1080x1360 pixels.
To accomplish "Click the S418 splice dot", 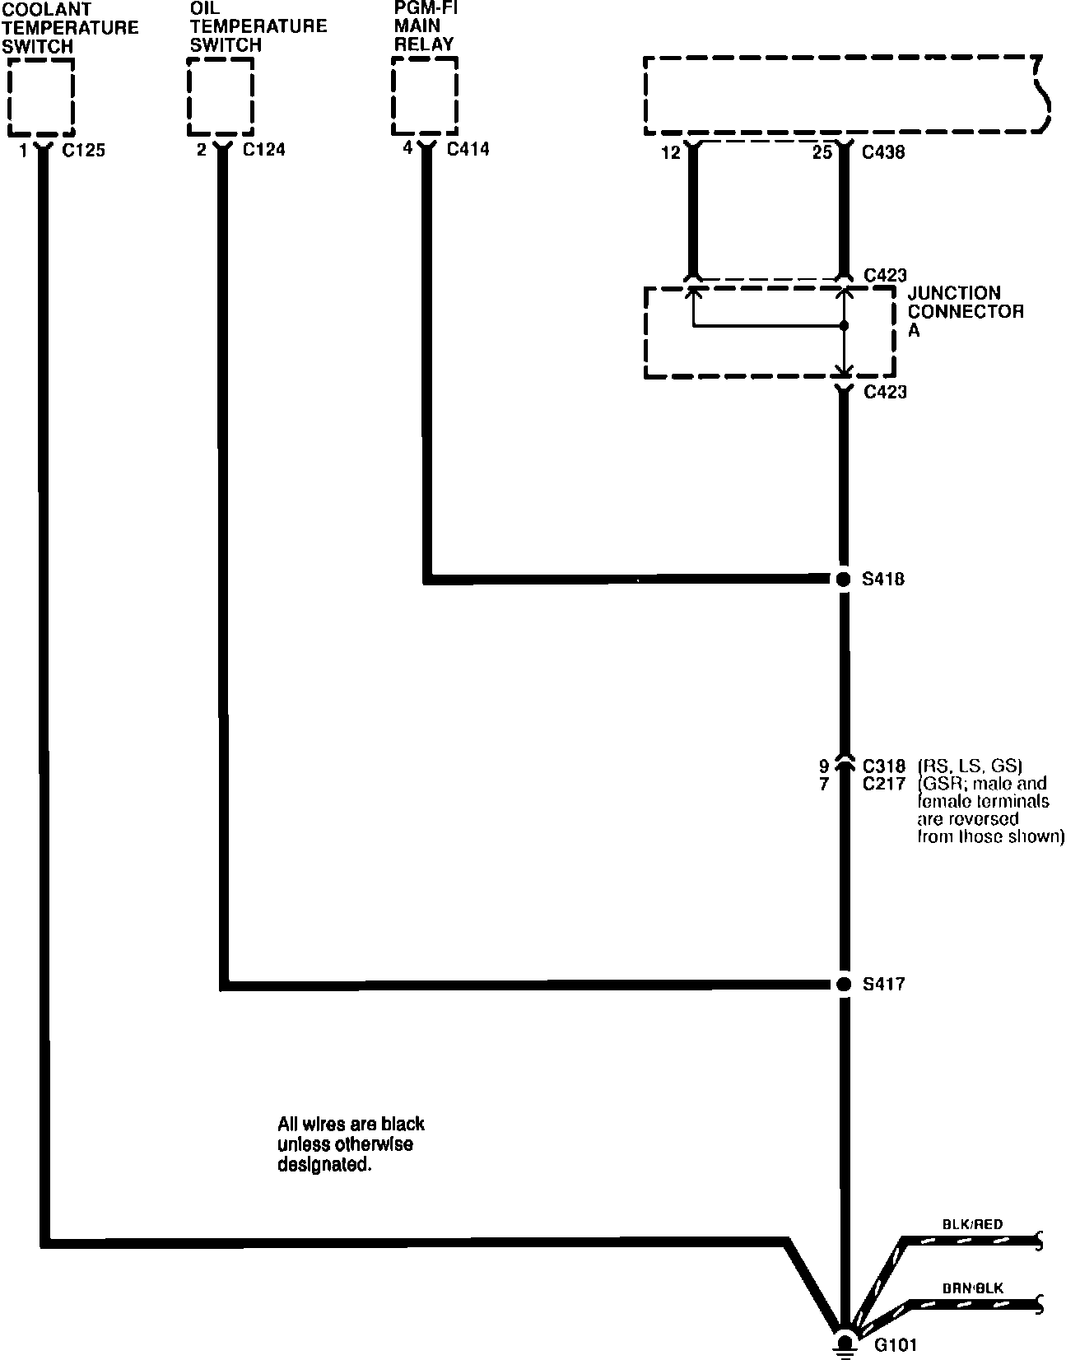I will coord(842,579).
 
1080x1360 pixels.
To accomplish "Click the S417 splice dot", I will coord(842,984).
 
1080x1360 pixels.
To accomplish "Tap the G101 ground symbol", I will coord(843,1344).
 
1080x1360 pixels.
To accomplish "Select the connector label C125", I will coord(83,151).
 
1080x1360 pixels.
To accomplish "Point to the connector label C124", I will coord(263,151).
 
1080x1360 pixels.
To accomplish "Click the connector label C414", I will coord(468,149).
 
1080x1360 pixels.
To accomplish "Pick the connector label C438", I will coord(884,152).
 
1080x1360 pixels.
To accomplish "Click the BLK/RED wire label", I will coord(973,1224).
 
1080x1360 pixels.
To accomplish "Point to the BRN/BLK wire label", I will coord(974,1288).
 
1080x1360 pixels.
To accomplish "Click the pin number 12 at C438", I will coord(672,152).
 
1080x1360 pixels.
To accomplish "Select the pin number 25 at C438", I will coord(822,152).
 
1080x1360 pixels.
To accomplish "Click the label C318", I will coord(884,766).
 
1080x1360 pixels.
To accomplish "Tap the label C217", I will coord(884,785).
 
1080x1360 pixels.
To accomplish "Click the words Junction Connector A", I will coord(965,311).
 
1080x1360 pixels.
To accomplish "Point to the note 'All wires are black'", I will coord(351,1144).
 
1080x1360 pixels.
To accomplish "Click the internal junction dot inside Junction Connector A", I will coord(843,326).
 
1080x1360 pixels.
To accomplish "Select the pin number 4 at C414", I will coord(407,149).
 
